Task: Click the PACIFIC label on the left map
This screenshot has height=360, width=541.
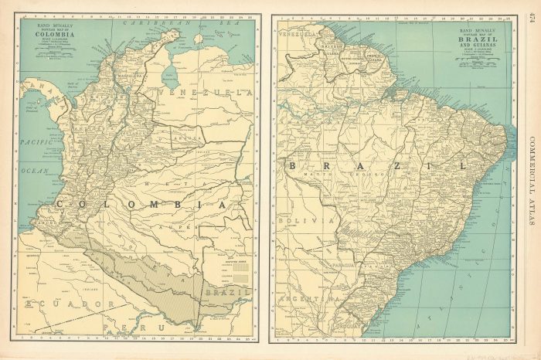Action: [35, 142]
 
